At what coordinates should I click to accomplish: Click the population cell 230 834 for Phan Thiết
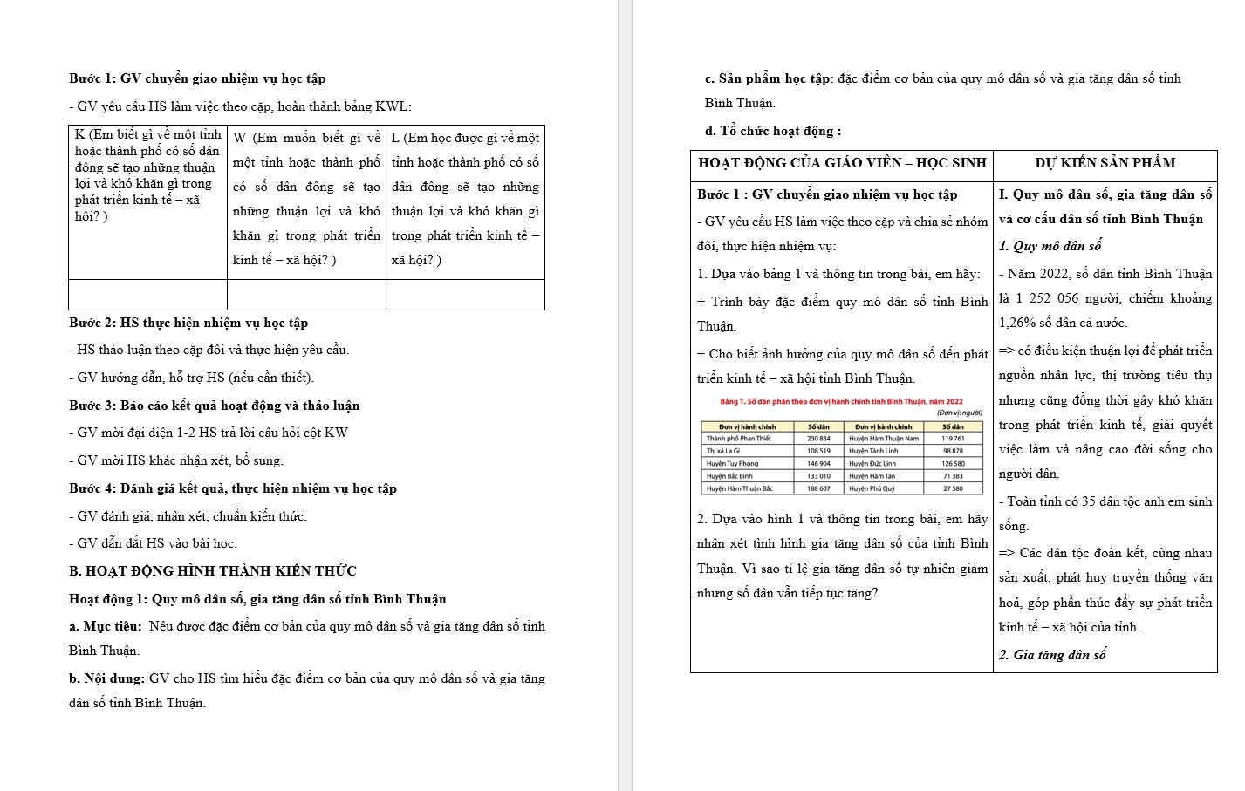click(818, 439)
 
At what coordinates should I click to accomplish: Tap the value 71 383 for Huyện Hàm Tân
click(953, 476)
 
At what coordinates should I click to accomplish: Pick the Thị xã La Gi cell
click(723, 451)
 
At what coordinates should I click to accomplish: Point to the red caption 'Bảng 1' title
click(841, 402)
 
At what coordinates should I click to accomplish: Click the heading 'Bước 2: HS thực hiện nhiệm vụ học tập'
click(188, 323)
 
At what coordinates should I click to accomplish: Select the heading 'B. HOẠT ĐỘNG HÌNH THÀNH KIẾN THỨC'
click(213, 571)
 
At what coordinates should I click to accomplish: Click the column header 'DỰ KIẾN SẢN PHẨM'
click(1105, 163)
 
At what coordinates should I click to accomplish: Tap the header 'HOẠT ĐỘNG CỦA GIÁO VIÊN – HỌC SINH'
click(842, 163)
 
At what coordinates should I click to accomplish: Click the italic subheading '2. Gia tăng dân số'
click(1052, 655)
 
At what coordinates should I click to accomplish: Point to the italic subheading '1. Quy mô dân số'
click(1050, 246)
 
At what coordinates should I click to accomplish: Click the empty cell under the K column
click(148, 295)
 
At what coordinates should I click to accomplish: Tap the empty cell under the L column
click(465, 295)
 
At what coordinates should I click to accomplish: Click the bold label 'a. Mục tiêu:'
click(106, 626)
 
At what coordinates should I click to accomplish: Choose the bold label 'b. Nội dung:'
click(107, 678)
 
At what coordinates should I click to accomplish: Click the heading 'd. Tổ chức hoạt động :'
click(773, 131)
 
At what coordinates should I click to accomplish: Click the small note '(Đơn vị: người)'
click(959, 413)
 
